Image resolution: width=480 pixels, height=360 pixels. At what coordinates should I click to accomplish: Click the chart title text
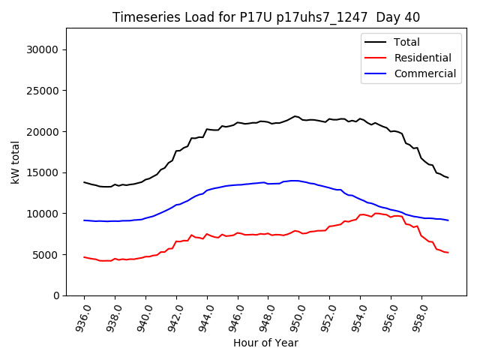[266, 17]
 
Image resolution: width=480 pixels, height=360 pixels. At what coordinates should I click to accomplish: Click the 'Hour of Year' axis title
[265, 343]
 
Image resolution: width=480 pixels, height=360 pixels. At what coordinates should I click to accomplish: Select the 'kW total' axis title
[16, 162]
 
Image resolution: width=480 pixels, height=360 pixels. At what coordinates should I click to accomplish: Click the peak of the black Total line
[295, 116]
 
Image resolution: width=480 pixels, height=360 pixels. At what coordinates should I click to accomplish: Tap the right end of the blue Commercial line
[448, 220]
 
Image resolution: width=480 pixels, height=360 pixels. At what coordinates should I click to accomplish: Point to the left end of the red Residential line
[84, 256]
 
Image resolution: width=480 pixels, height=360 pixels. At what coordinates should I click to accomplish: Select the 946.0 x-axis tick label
[236, 316]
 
